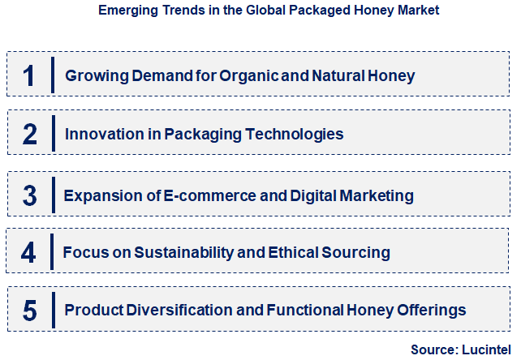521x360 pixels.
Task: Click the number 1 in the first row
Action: coord(29,75)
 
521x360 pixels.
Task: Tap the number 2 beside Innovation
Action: coord(30,134)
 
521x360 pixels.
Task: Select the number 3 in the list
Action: coord(29,195)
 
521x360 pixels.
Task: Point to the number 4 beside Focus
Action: coord(28,252)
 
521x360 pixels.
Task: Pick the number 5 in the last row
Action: coord(30,310)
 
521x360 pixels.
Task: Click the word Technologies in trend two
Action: coord(293,135)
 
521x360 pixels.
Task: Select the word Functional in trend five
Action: coord(309,310)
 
